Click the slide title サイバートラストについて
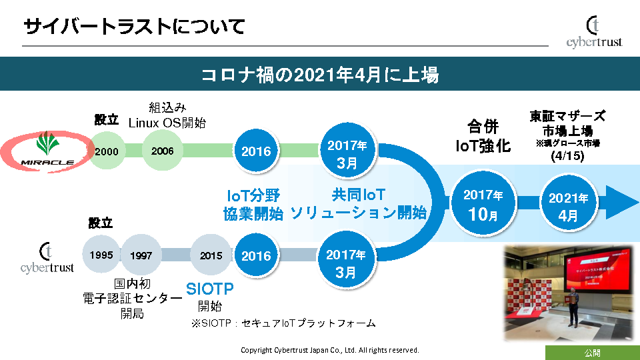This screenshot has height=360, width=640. (134, 27)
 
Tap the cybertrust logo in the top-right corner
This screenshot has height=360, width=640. (594, 32)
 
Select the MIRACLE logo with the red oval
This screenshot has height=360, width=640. (47, 151)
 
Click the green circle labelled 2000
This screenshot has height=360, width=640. (107, 151)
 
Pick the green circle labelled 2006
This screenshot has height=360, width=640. (162, 151)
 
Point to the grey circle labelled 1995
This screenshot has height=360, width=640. (101, 255)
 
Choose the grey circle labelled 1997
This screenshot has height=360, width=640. (141, 255)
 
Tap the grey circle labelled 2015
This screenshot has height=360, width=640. (211, 255)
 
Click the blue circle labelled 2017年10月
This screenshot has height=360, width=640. (483, 204)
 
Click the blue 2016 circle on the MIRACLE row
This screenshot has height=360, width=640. (256, 151)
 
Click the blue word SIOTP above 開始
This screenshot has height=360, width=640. (210, 289)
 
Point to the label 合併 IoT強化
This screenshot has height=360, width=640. (483, 136)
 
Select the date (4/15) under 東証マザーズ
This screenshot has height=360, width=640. (567, 157)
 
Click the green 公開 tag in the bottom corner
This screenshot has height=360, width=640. (592, 353)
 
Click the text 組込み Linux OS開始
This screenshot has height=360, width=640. (167, 115)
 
